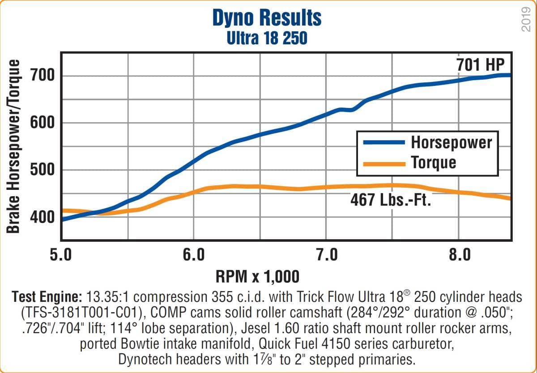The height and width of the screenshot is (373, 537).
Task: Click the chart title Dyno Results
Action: pyautogui.click(x=267, y=18)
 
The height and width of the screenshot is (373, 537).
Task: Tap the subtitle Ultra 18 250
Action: pyautogui.click(x=267, y=38)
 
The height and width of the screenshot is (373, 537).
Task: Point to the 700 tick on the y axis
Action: pyautogui.click(x=42, y=76)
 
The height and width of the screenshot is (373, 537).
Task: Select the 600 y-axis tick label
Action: pyautogui.click(x=42, y=123)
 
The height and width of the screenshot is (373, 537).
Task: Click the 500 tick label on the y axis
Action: pyautogui.click(x=42, y=170)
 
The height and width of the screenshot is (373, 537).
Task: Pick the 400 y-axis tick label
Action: pyautogui.click(x=42, y=218)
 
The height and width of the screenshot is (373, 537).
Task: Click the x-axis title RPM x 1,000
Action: pyautogui.click(x=257, y=276)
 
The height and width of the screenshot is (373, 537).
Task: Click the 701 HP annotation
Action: pyautogui.click(x=480, y=65)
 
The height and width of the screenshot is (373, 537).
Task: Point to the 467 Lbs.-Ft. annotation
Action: pyautogui.click(x=390, y=200)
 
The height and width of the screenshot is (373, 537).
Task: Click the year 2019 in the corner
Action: pyautogui.click(x=526, y=21)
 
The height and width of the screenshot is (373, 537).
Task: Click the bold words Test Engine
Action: pyautogui.click(x=47, y=296)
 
